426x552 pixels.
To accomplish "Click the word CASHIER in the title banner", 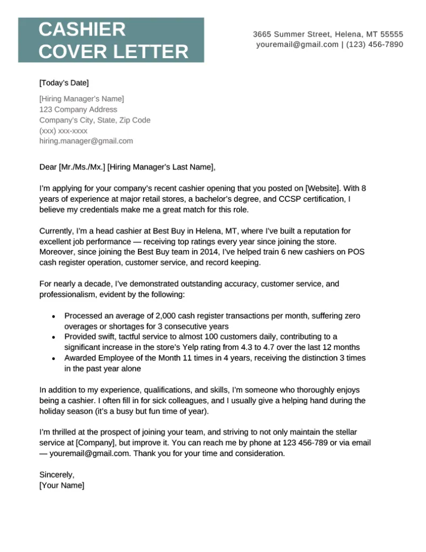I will click(82, 29).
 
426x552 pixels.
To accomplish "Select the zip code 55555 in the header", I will click(392, 34).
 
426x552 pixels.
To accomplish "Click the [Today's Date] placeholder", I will click(64, 83).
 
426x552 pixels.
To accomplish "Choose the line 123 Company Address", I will click(78, 109).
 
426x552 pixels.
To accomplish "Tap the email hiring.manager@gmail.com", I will click(86, 141).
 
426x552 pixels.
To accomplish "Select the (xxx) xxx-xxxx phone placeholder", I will click(64, 130).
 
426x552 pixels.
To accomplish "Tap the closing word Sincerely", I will click(57, 474).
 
